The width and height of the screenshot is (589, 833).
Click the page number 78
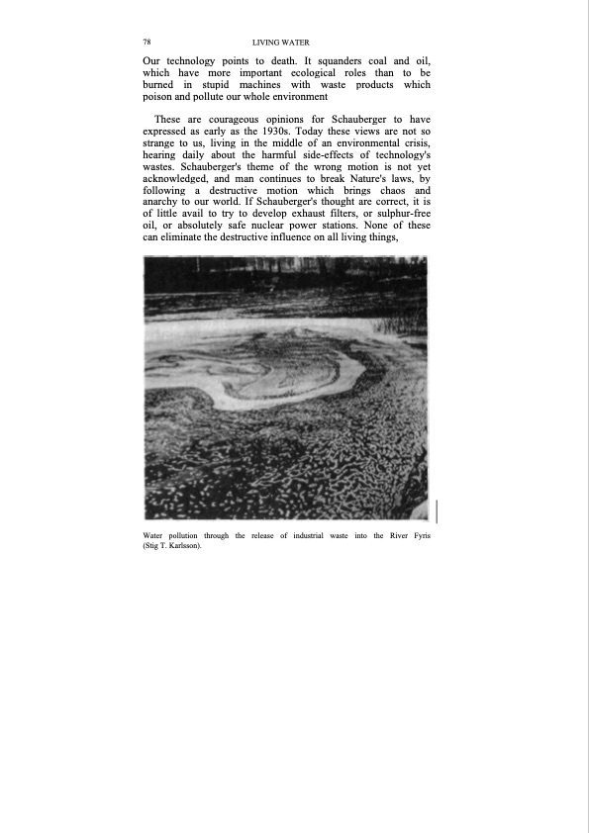147,43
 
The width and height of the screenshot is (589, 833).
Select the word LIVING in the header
266,43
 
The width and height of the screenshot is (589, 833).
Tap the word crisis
412,144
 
